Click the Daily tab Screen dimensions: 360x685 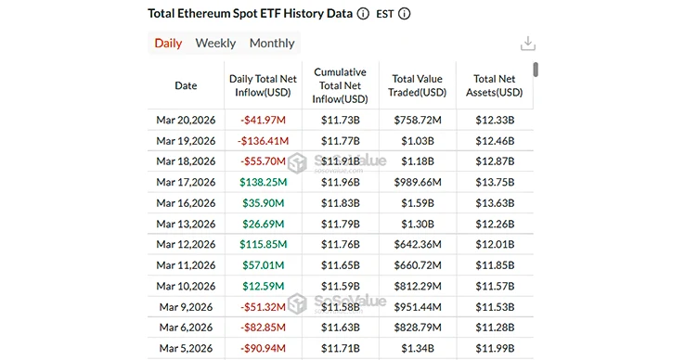click(x=168, y=43)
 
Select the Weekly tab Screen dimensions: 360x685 click(x=215, y=43)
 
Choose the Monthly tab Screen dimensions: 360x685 click(x=272, y=43)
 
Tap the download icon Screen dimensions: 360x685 click(x=527, y=44)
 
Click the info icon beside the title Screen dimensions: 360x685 click(x=362, y=15)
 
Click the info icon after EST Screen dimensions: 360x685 click(x=404, y=15)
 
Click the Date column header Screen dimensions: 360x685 click(x=186, y=85)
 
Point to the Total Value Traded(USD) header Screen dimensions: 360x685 click(x=418, y=85)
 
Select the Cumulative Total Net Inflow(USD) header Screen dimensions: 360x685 click(x=340, y=85)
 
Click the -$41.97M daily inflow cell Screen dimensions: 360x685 click(x=263, y=121)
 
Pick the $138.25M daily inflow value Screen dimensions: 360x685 click(x=263, y=183)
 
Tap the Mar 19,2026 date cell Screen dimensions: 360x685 click(x=186, y=141)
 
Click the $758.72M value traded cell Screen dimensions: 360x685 click(x=418, y=121)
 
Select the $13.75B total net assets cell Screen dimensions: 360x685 click(x=495, y=183)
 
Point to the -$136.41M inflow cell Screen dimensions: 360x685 click(x=263, y=141)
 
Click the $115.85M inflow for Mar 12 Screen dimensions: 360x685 click(x=263, y=245)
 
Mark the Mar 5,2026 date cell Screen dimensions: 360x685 click(x=186, y=348)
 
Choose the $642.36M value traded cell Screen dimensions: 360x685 click(x=418, y=245)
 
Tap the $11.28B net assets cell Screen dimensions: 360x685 click(x=495, y=328)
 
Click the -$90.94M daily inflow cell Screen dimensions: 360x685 click(x=263, y=348)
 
